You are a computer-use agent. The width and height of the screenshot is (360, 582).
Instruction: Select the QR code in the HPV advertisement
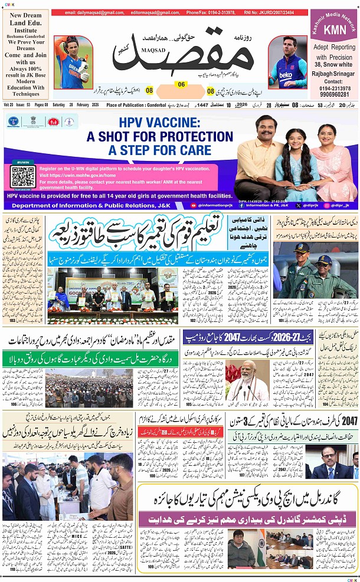click(x=23, y=176)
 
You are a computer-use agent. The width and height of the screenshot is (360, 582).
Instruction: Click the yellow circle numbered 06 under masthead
click(x=181, y=84)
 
